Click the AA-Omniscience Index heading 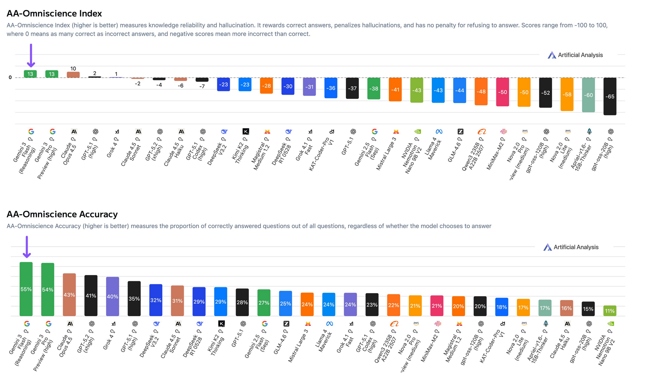point(54,14)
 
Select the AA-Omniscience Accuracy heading point(62,214)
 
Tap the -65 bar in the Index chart point(609,96)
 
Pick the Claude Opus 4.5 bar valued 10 point(73,75)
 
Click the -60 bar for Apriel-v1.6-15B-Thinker point(588,95)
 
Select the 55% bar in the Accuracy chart point(26,289)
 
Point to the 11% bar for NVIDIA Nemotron point(609,311)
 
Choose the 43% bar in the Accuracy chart point(69,295)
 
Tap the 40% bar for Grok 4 point(113,296)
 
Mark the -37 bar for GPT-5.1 point(352,88)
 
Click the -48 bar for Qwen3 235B point(481,91)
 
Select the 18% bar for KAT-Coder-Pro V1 point(502,307)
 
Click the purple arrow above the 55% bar point(27,247)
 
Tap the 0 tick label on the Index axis point(10,77)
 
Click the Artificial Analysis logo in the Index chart point(575,55)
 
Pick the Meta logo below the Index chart point(439,132)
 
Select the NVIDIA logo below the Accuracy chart point(610,324)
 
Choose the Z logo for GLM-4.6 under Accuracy point(286,324)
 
